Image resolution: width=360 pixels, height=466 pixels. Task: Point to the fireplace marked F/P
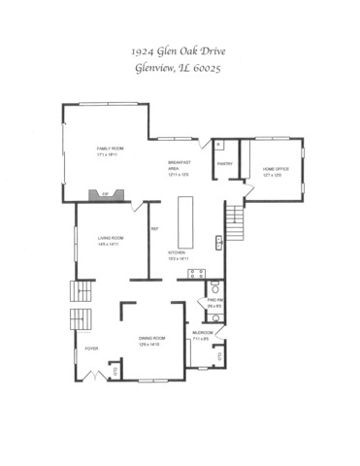click(99, 195)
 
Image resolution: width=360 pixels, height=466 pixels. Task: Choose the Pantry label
click(223, 164)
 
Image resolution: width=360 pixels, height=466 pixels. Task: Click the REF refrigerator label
click(153, 230)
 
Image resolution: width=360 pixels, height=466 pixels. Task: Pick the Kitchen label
click(177, 255)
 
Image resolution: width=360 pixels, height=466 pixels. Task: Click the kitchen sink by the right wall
click(220, 241)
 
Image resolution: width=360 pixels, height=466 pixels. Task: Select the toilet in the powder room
click(215, 288)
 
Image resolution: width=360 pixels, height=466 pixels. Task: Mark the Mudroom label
click(203, 335)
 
